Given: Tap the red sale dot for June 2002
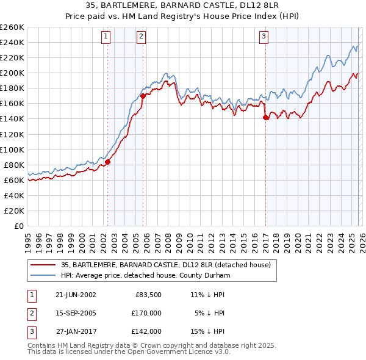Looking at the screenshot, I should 108,162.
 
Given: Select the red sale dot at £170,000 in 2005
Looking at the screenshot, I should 143,95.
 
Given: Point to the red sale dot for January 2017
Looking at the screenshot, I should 265,117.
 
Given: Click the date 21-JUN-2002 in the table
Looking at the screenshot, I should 76,294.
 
